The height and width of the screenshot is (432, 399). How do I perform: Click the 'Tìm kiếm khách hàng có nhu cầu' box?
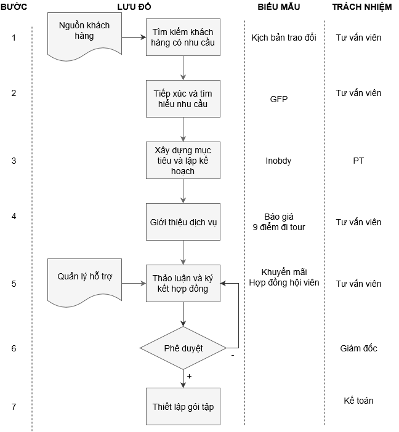click(x=183, y=38)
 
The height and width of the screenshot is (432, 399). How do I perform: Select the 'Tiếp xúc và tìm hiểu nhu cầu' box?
click(x=183, y=98)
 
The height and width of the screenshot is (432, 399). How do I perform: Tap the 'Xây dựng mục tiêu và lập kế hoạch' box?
click(x=183, y=160)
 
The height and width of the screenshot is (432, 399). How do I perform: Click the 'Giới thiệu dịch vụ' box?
click(x=183, y=222)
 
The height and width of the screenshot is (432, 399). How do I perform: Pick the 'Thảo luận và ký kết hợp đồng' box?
click(x=183, y=283)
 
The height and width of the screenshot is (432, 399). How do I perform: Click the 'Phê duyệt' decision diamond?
click(x=183, y=348)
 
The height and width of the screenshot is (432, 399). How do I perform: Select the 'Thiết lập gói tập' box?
click(x=183, y=406)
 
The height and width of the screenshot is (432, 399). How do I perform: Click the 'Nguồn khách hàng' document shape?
click(x=84, y=34)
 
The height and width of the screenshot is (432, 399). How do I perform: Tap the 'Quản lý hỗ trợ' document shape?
click(x=84, y=280)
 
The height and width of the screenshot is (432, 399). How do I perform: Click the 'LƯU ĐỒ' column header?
click(x=134, y=7)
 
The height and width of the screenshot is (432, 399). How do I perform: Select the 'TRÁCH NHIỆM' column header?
click(x=361, y=7)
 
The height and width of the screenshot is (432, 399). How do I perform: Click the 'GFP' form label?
click(x=279, y=99)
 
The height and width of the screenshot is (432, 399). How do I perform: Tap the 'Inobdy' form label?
click(x=278, y=161)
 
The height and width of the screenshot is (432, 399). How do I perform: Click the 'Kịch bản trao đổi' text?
click(x=284, y=38)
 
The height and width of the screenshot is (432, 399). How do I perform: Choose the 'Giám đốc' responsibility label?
click(x=358, y=348)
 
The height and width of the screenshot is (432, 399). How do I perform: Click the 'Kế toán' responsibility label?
click(x=358, y=401)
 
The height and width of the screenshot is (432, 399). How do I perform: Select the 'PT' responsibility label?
click(x=358, y=161)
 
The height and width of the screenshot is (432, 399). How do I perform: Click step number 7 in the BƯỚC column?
click(x=14, y=407)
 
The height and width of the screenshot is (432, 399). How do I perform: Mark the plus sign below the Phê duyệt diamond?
click(x=189, y=376)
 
